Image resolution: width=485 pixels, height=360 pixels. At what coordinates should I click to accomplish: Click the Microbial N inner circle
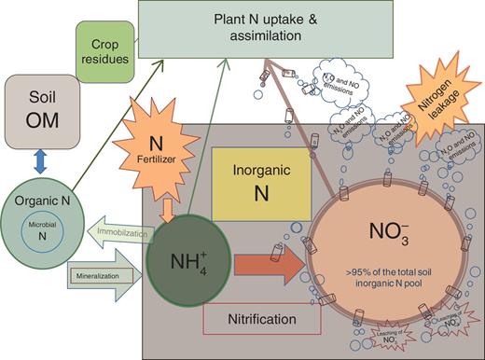[44, 233]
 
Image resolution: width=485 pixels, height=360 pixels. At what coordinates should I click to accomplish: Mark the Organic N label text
[42, 199]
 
